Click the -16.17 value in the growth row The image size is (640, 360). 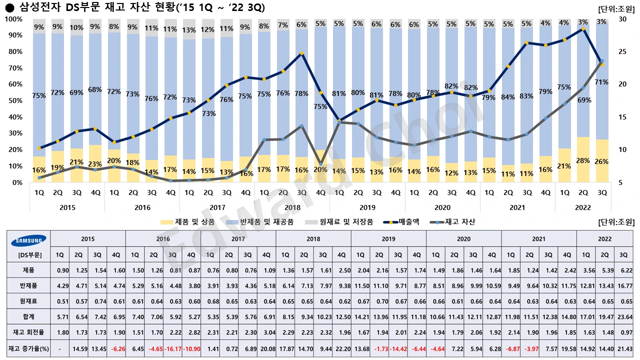click(x=172, y=348)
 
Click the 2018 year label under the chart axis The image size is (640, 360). click(x=292, y=207)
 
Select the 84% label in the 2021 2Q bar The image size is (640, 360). click(x=508, y=97)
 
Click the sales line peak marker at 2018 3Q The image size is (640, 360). click(x=301, y=53)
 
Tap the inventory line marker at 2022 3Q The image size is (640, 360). click(x=602, y=61)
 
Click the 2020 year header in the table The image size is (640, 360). click(x=463, y=239)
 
